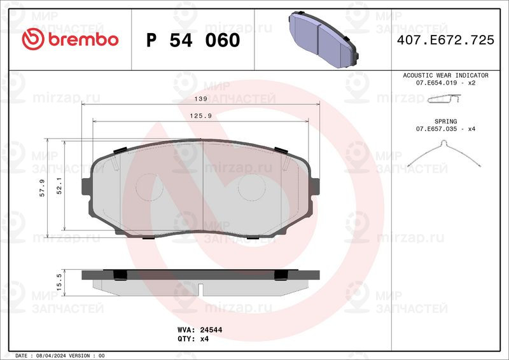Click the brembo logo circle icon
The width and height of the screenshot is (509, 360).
pyautogui.click(x=32, y=39)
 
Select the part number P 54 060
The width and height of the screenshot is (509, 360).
pyautogui.click(x=193, y=40)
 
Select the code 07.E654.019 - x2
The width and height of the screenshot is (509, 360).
pyautogui.click(x=445, y=83)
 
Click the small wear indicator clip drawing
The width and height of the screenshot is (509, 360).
pyautogui.click(x=444, y=98)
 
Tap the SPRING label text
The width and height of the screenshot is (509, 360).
pyautogui.click(x=445, y=120)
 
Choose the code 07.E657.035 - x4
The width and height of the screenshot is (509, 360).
pyautogui.click(x=445, y=128)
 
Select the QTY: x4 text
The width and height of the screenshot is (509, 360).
pyautogui.click(x=192, y=340)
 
